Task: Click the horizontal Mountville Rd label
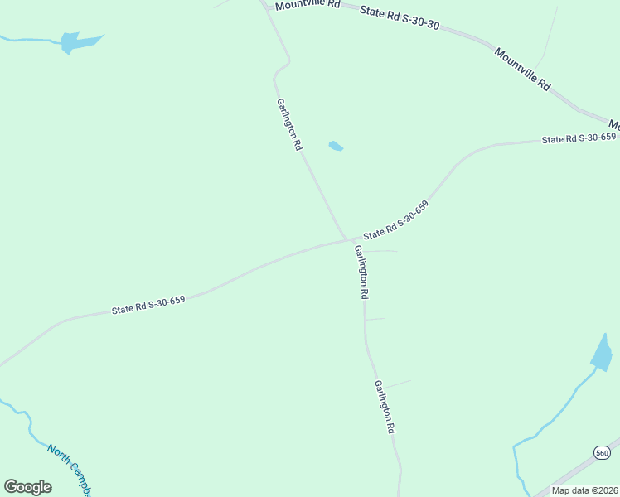coord(308,4)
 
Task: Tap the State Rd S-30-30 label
coord(400,16)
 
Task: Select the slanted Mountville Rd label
coord(523,69)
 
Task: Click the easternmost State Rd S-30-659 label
coord(579,138)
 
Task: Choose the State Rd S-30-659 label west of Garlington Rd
coord(148,305)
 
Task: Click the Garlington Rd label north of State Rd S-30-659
coord(289,123)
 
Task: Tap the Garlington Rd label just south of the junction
coord(361,272)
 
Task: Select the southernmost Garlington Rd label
coord(384,408)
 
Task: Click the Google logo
coord(27,486)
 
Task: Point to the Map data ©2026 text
coord(584,490)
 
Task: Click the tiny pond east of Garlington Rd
coord(336,147)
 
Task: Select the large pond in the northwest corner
coord(75,41)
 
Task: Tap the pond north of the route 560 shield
coord(603,354)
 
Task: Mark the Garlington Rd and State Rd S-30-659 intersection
coord(346,239)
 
